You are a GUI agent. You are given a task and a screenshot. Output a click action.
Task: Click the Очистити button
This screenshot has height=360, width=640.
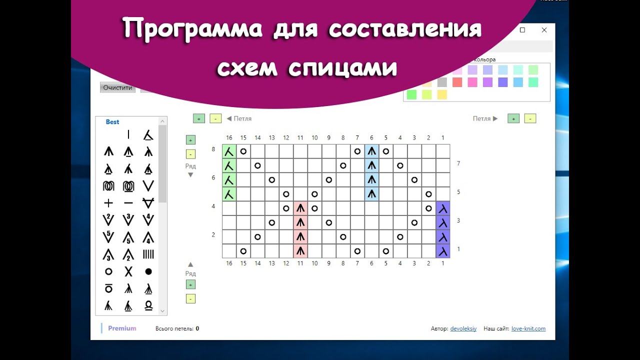point(117,87)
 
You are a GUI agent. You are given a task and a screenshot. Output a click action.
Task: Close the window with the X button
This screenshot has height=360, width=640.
point(544,30)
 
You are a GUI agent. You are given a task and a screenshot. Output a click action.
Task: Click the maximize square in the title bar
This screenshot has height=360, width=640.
point(522,30)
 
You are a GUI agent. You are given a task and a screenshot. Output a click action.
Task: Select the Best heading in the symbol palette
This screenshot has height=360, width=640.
point(112,122)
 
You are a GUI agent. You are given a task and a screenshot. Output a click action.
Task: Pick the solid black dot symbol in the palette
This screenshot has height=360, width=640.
point(148,271)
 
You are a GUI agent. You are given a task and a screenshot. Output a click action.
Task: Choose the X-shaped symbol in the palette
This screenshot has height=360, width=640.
point(128,271)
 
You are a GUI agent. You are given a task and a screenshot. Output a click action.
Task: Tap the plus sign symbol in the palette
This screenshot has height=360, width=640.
point(108,203)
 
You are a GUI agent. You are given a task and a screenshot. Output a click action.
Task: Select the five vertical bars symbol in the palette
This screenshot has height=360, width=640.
point(148,254)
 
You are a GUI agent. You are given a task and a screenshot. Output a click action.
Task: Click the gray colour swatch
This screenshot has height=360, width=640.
point(442,82)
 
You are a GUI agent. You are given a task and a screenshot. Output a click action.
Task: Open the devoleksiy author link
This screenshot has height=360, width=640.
point(463,328)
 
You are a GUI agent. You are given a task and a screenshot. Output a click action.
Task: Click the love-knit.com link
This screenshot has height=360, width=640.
point(528,328)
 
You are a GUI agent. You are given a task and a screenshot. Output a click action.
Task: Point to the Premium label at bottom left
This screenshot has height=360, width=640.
point(122,328)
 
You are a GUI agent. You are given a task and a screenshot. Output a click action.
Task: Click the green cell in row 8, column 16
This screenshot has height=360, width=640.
point(229,151)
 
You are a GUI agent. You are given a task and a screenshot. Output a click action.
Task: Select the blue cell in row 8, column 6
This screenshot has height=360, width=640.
point(371,151)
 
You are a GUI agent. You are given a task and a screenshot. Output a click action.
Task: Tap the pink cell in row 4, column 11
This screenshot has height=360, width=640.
point(300,208)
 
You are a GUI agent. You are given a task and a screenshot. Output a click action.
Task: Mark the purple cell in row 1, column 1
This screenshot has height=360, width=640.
point(443,250)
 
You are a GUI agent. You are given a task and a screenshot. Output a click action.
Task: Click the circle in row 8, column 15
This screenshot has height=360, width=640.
point(243,151)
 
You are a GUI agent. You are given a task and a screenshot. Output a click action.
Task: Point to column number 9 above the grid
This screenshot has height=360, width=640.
point(329,138)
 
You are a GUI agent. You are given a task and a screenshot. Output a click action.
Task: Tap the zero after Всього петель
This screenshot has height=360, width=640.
point(197,328)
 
